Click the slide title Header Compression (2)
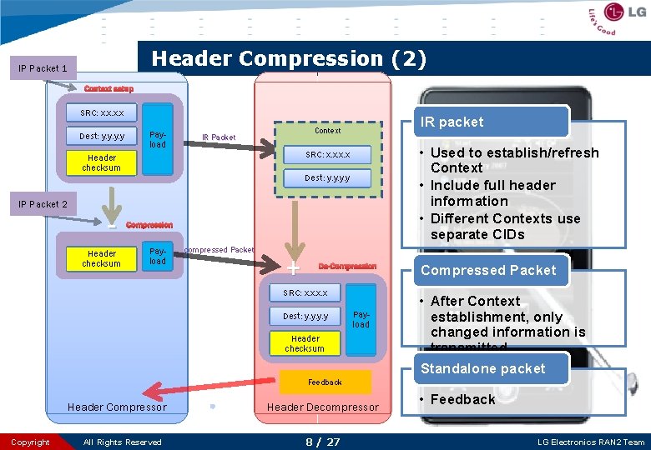pos(289,59)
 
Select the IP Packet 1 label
pos(43,68)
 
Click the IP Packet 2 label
pos(43,204)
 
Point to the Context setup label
pos(108,89)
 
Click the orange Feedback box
pos(325,382)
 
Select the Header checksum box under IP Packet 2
pos(101,258)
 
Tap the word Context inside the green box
pos(327,131)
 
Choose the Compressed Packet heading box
pos(487,270)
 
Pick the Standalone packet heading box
pos(482,368)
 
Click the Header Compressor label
pos(117,407)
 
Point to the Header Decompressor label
pos(322,407)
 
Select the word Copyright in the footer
pos(31,442)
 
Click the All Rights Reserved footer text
pos(123,442)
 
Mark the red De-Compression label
pos(347,267)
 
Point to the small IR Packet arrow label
pos(219,137)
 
